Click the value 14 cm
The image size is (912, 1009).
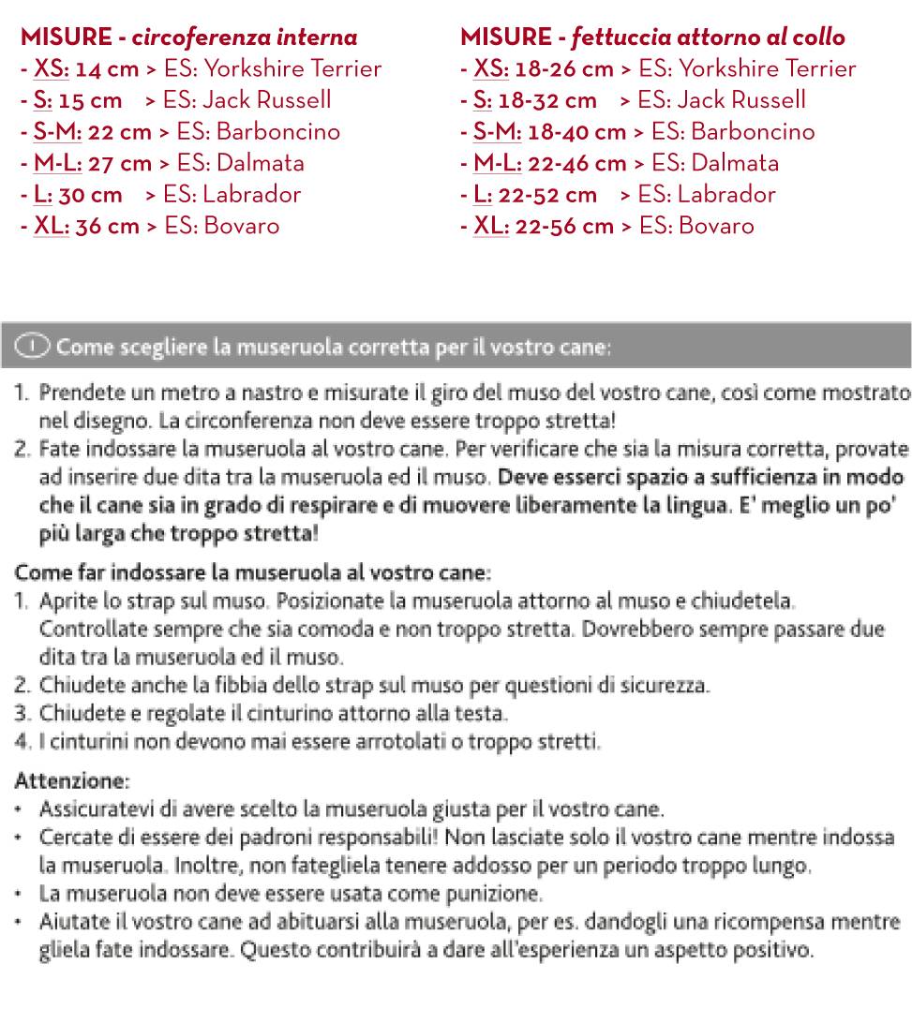[x=107, y=69]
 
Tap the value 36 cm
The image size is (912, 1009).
[x=107, y=226]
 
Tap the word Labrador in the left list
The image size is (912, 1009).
[x=251, y=195]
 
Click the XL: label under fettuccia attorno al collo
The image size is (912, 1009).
[x=491, y=226]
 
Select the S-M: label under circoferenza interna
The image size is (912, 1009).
[x=57, y=132]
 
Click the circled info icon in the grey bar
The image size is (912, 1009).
[x=32, y=347]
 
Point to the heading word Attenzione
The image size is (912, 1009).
[x=71, y=780]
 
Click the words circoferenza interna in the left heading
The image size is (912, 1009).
[x=245, y=37]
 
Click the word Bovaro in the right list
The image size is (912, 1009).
[x=716, y=226]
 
